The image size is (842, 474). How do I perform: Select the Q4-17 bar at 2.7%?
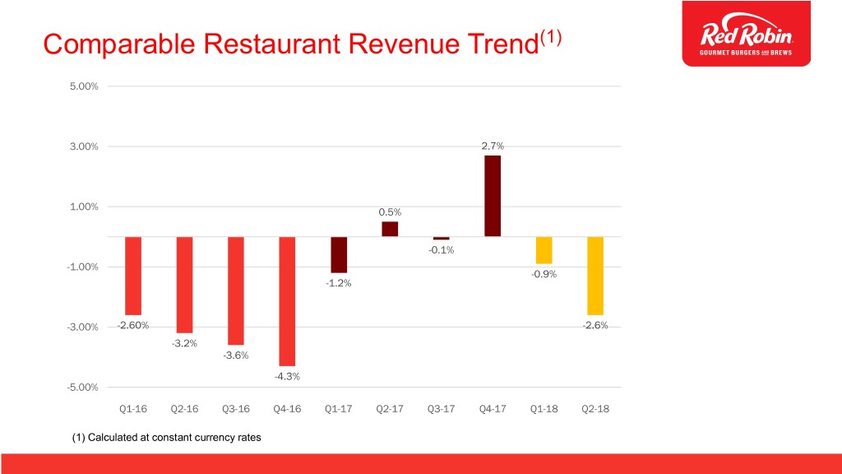point(493,196)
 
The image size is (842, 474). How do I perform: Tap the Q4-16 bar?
point(287,301)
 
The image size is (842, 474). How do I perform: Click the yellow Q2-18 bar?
point(595,276)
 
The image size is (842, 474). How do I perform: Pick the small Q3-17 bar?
point(442,238)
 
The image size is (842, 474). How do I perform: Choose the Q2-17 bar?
point(390,229)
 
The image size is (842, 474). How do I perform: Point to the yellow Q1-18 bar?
point(544,250)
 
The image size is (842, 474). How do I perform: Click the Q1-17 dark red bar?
point(339,254)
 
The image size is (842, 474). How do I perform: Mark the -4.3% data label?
point(287,376)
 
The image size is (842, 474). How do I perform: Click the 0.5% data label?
point(390,212)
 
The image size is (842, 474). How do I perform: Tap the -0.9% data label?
point(544,274)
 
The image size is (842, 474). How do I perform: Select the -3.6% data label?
point(236,355)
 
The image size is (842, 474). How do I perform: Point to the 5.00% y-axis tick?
point(82,86)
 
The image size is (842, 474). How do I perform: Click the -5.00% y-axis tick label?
point(81,387)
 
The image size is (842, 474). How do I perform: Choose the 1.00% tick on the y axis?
point(82,207)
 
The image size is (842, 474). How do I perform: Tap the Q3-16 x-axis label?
point(236,409)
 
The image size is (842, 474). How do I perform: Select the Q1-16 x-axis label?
point(133,409)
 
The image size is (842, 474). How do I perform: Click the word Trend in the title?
point(492,44)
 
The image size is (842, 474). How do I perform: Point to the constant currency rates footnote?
point(167,438)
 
